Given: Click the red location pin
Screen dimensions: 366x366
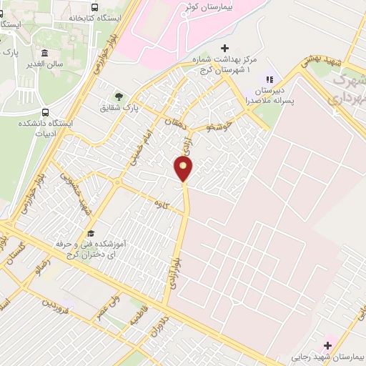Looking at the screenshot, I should click(x=184, y=169).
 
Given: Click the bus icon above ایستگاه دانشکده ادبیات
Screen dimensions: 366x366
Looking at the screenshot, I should click(x=46, y=112).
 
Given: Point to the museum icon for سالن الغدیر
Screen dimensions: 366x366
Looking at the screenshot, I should click(x=45, y=54).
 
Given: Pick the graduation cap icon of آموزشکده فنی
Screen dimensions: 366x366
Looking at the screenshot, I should click(x=91, y=233).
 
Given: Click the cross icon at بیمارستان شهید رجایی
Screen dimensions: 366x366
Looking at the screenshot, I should click(x=328, y=345).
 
